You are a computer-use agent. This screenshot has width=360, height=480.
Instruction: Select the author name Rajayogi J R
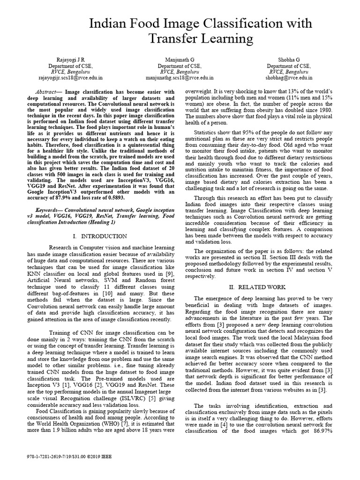click(x=71, y=60)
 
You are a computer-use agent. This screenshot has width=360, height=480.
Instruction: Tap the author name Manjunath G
click(x=180, y=60)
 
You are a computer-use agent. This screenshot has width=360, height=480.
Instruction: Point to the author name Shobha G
click(x=289, y=60)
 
